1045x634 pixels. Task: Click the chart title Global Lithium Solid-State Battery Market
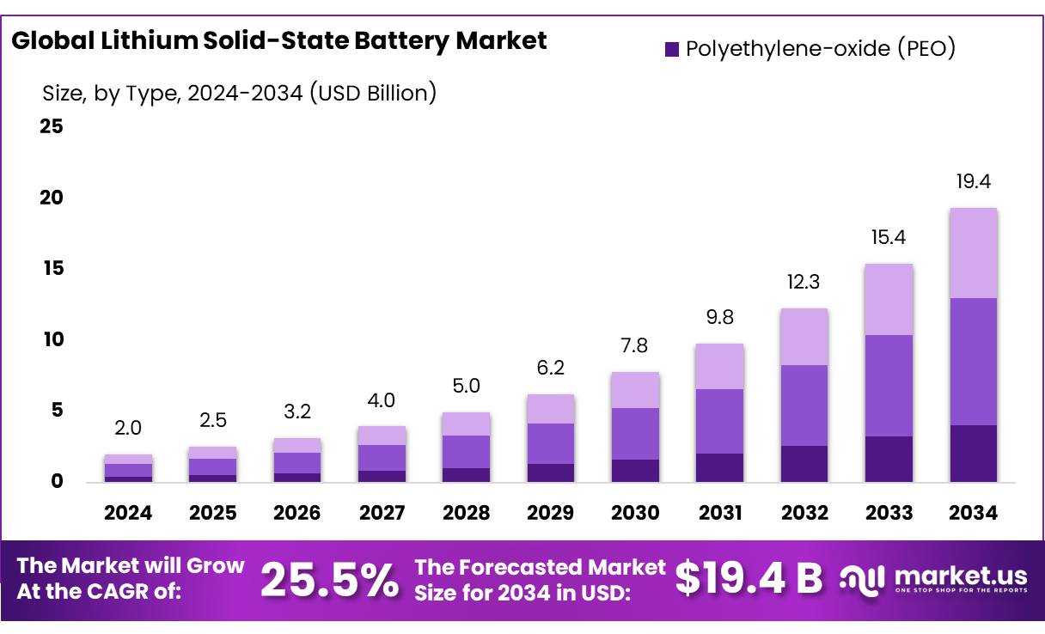coord(279,40)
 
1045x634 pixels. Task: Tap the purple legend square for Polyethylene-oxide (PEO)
coord(671,49)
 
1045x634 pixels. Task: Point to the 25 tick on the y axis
coord(51,127)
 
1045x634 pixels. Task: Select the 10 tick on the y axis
coord(51,339)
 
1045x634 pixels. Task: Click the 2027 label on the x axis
coord(382,513)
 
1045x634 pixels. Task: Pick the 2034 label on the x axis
coord(974,513)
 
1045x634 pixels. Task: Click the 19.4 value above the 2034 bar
coord(974,181)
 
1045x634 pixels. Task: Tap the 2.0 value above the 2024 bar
coord(128,428)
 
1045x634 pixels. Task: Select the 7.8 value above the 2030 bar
coord(635,346)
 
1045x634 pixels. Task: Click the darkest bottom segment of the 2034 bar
coord(974,453)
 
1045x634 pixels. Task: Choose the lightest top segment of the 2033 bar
coord(889,299)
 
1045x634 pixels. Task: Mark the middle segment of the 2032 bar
coord(804,405)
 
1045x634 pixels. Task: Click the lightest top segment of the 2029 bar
coord(551,409)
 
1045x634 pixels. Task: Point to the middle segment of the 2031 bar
coord(720,421)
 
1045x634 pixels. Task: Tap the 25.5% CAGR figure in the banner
coord(329,580)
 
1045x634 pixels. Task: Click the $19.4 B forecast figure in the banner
coord(749,578)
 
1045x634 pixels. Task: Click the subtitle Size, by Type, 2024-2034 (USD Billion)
coord(239,93)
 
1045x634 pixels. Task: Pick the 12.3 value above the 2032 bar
coord(804,282)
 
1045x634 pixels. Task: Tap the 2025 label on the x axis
coord(212,513)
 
